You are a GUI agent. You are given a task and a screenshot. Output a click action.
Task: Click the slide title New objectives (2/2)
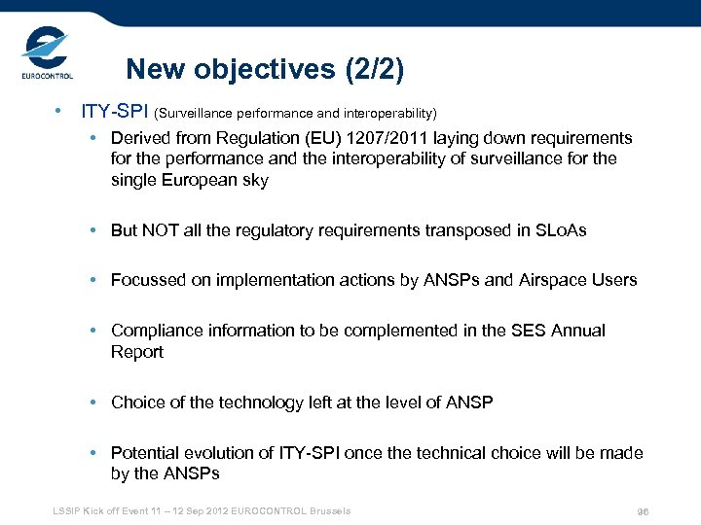pyautogui.click(x=265, y=70)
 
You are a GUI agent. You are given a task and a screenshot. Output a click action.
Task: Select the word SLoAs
pyautogui.click(x=560, y=230)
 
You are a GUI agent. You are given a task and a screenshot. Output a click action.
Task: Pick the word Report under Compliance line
pyautogui.click(x=137, y=351)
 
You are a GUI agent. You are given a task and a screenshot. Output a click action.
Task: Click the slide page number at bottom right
pyautogui.click(x=643, y=512)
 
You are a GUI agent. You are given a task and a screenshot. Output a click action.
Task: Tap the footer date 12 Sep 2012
pyautogui.click(x=221, y=511)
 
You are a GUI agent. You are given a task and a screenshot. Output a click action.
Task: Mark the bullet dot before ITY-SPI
pyautogui.click(x=60, y=111)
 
